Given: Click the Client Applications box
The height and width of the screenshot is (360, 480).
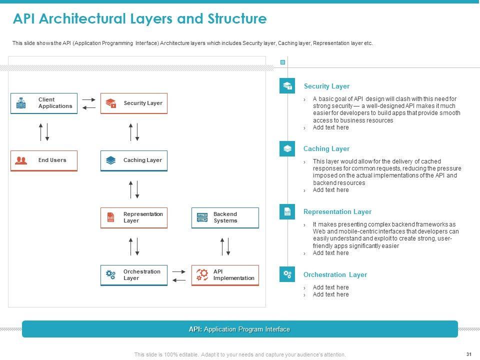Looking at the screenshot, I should tap(44, 103).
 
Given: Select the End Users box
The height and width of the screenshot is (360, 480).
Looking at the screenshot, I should tap(44, 160).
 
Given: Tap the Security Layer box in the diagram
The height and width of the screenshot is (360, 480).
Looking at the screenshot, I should tap(134, 103).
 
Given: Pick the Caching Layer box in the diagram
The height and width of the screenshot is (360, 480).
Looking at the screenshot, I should tap(134, 160).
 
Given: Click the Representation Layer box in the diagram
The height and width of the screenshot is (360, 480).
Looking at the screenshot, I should tap(134, 217).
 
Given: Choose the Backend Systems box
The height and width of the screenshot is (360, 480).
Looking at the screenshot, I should tap(225, 217).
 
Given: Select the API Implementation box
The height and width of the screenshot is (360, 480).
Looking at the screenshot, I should tap(225, 275).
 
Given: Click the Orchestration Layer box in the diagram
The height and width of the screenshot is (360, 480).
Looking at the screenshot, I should tap(134, 275).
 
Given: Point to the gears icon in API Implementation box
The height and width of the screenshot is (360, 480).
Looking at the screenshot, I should tap(202, 274).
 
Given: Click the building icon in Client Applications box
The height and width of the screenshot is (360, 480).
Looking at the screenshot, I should tap(21, 103).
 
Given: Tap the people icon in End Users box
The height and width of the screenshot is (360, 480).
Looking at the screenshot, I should tap(21, 160).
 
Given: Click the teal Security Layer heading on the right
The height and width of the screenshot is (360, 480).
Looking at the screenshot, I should tap(326, 86).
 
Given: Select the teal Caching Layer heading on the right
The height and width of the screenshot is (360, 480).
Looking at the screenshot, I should tap(326, 149).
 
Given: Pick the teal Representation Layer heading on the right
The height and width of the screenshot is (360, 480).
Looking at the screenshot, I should tap(337, 212).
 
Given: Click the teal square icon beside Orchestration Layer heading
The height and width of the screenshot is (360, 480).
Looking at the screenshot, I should tap(287, 274).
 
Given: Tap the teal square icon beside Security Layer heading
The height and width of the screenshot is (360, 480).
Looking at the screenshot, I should tap(287, 86).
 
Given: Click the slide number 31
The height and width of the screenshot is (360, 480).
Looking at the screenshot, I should tap(468, 354).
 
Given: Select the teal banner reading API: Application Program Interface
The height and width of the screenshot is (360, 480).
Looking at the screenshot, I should tap(239, 329).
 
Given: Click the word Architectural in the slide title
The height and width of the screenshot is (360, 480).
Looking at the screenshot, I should tap(83, 19).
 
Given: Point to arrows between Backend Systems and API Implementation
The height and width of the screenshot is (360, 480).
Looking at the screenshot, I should tap(225, 246).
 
